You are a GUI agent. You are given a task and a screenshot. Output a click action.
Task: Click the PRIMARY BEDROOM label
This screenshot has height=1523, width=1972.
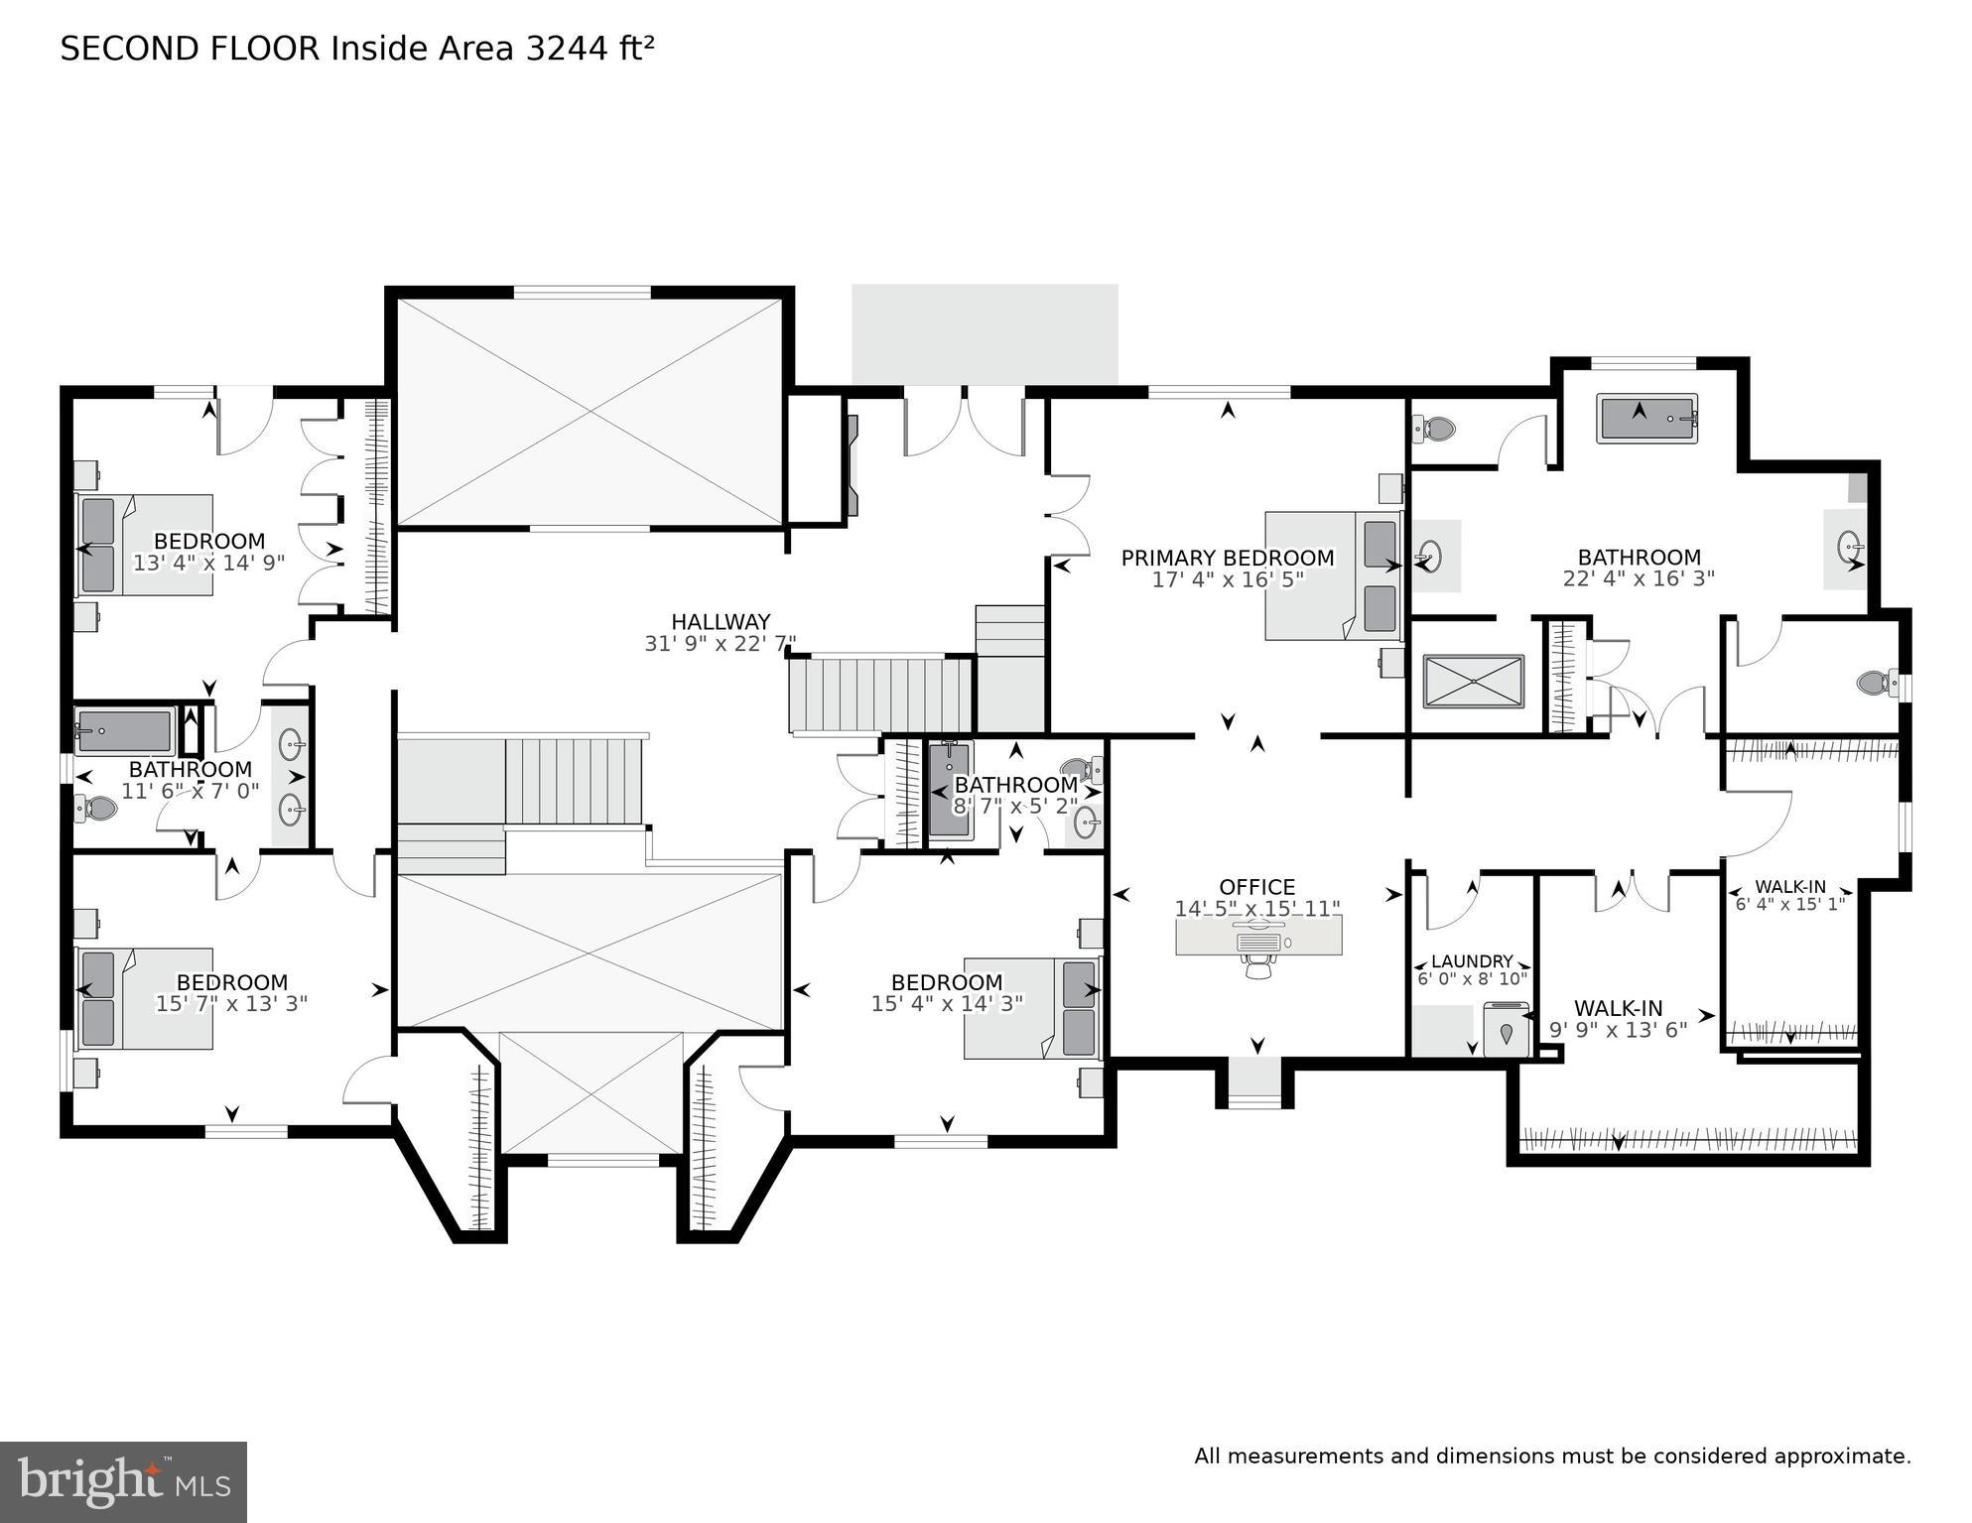[x=1227, y=558]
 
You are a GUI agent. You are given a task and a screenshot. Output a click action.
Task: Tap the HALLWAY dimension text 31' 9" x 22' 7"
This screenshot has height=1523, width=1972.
[x=720, y=644]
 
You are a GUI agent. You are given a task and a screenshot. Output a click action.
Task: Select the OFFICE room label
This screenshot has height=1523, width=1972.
[x=1256, y=887]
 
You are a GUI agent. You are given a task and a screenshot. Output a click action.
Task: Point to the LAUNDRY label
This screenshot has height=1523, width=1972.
[x=1472, y=961]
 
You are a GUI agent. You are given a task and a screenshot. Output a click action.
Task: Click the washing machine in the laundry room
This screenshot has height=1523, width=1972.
[x=1506, y=1029]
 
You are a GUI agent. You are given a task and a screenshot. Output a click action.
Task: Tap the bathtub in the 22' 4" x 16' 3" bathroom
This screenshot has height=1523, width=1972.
[x=1646, y=418]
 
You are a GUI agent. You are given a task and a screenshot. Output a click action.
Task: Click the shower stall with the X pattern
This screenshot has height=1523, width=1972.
[x=1472, y=682]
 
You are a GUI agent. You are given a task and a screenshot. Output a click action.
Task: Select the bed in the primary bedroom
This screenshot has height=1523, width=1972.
[x=1331, y=575]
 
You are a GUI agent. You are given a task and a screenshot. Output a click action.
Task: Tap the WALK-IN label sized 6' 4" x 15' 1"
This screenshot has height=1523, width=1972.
[x=1789, y=887]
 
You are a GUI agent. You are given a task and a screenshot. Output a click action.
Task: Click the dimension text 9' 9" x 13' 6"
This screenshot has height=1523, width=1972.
[x=1618, y=1030]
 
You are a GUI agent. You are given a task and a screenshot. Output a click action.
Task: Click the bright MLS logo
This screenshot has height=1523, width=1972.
[x=123, y=1481]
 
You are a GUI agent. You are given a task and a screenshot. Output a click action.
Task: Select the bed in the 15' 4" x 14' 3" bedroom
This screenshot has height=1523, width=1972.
[x=1031, y=1007]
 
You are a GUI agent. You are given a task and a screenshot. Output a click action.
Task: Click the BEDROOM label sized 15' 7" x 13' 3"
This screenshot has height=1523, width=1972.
[x=231, y=982]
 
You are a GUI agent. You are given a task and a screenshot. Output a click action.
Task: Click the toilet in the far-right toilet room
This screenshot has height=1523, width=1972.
[x=1872, y=683]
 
